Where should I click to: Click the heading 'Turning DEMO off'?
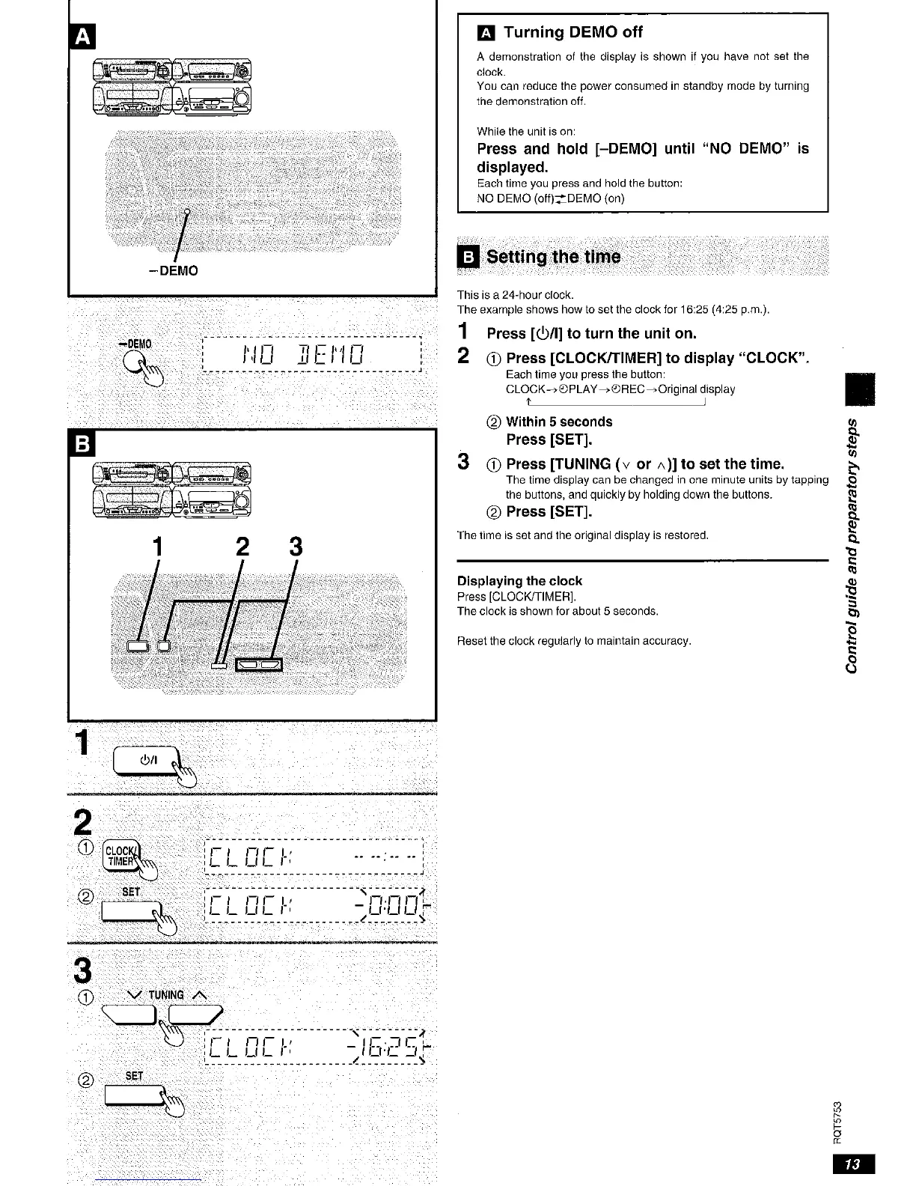[x=572, y=32]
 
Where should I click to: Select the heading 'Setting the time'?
[x=553, y=257]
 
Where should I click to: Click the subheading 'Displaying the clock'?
[x=519, y=581]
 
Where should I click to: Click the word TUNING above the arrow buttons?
[x=165, y=995]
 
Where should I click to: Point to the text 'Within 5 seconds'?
[x=558, y=422]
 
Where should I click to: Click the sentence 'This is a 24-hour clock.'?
[x=515, y=295]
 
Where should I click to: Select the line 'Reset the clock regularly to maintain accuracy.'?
[x=574, y=641]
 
